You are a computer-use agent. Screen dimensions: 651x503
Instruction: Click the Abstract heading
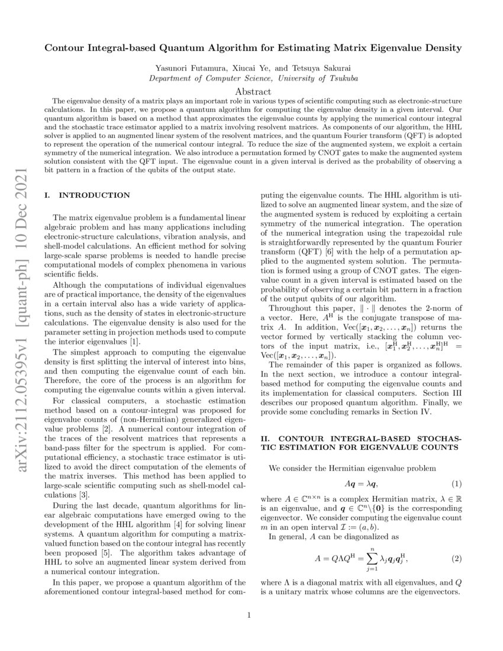coord(253,92)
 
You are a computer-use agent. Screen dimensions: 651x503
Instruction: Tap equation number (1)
coord(456,485)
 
